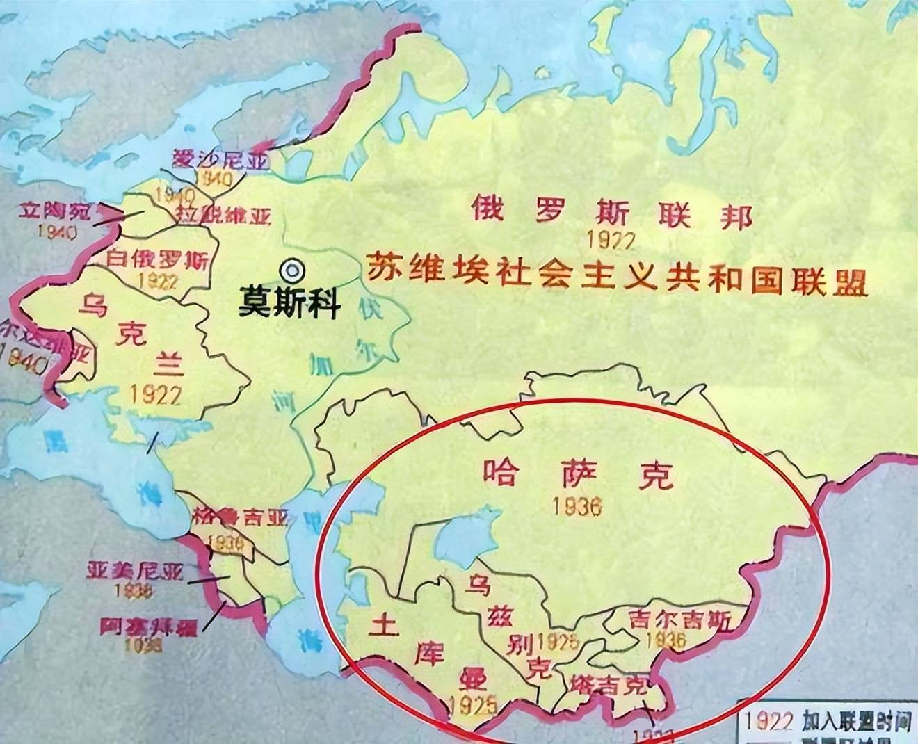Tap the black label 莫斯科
coord(289,303)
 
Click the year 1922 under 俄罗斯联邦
coord(611,239)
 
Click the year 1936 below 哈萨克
coord(577,506)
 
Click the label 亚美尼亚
coord(135,572)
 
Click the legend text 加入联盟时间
coord(855,721)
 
